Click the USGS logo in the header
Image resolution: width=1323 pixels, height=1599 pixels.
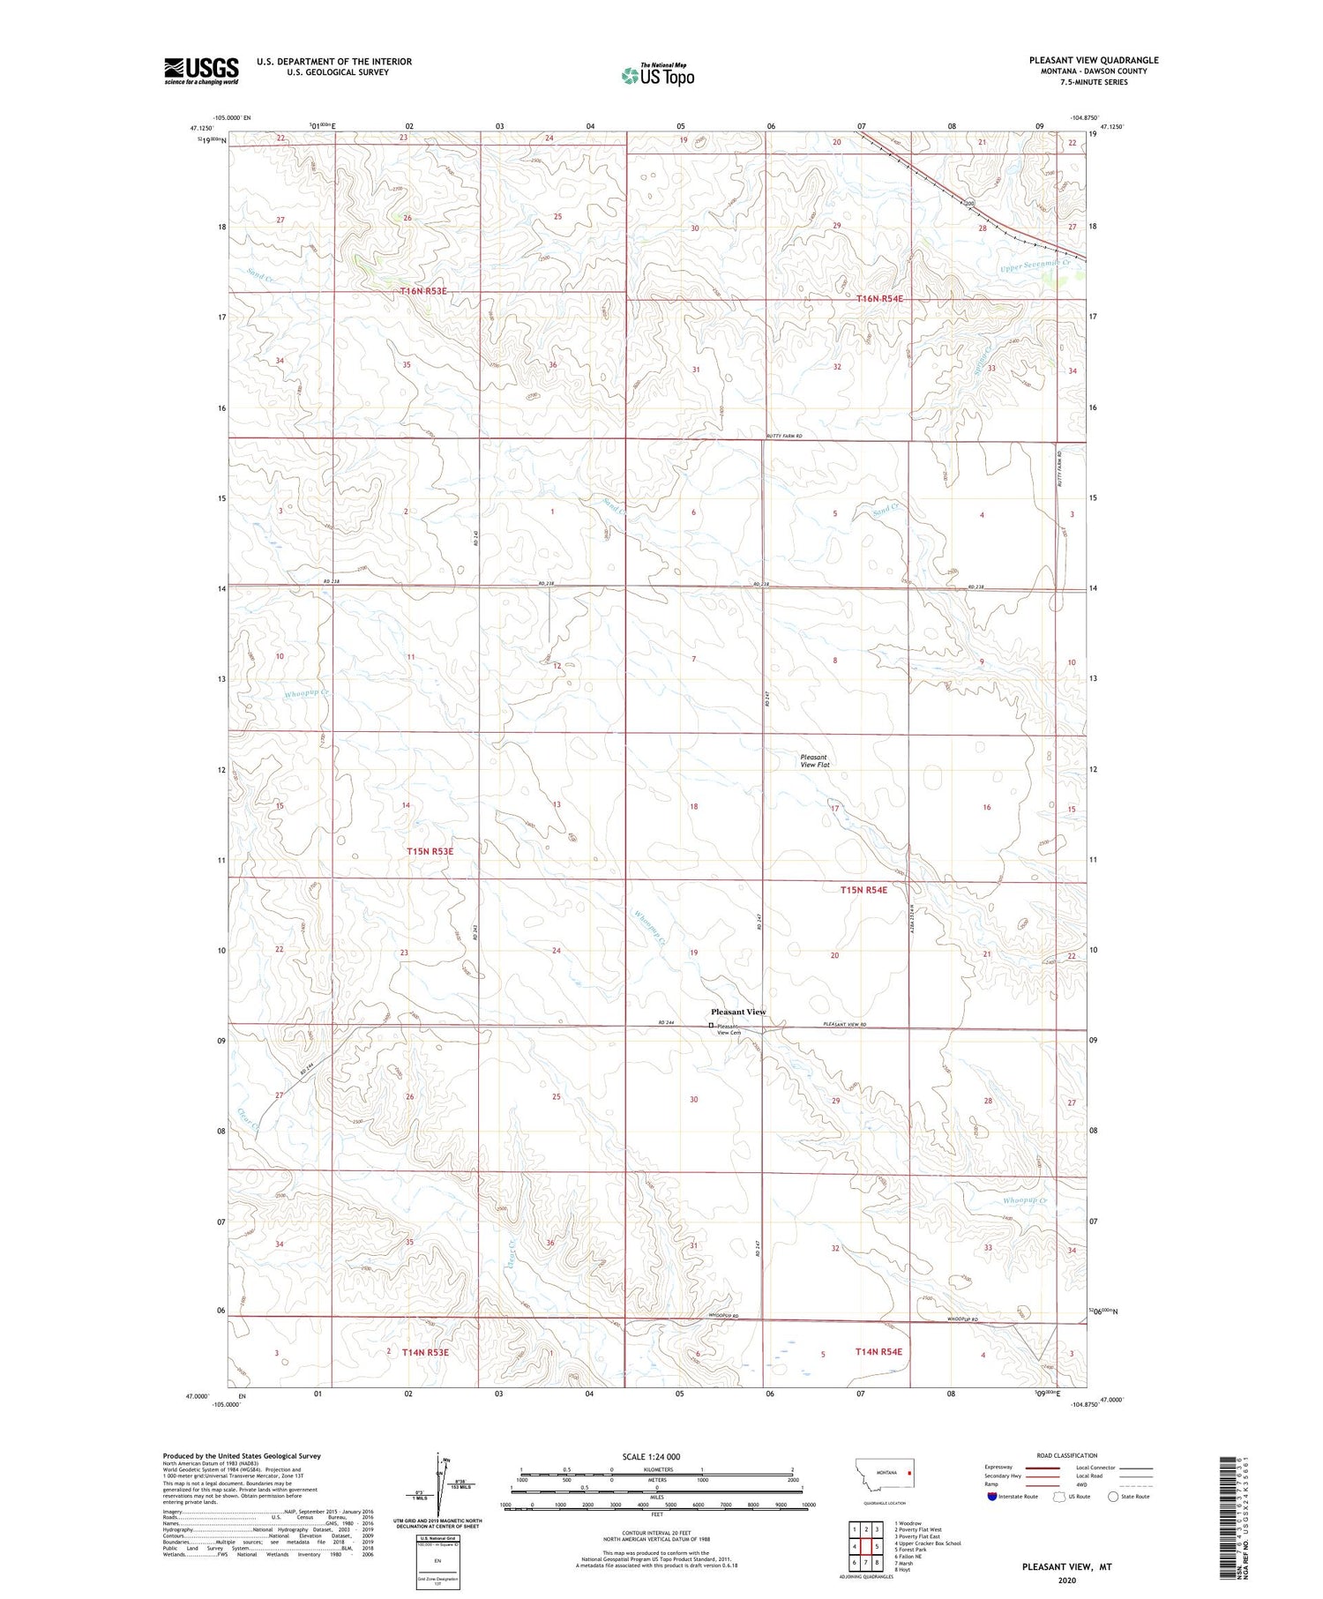click(x=201, y=71)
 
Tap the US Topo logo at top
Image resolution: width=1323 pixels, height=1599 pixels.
click(x=658, y=76)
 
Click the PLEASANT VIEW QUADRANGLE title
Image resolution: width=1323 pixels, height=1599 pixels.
click(x=1093, y=61)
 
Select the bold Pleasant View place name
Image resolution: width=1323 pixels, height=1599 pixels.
click(x=738, y=1012)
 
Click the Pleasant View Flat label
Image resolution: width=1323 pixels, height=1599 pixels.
click(x=814, y=761)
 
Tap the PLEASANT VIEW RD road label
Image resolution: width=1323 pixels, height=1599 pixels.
click(x=845, y=1024)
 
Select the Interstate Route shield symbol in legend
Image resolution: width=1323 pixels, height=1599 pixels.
click(x=992, y=1497)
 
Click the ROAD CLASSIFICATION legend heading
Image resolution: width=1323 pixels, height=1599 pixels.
click(x=1066, y=1455)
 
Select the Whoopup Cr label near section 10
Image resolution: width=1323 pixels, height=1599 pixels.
click(x=306, y=694)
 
